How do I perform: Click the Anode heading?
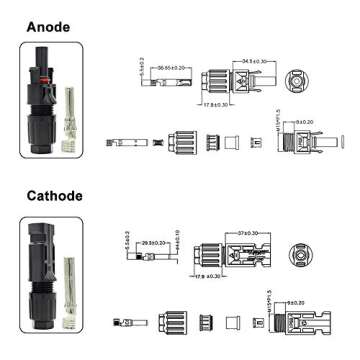(x=47, y=27)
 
